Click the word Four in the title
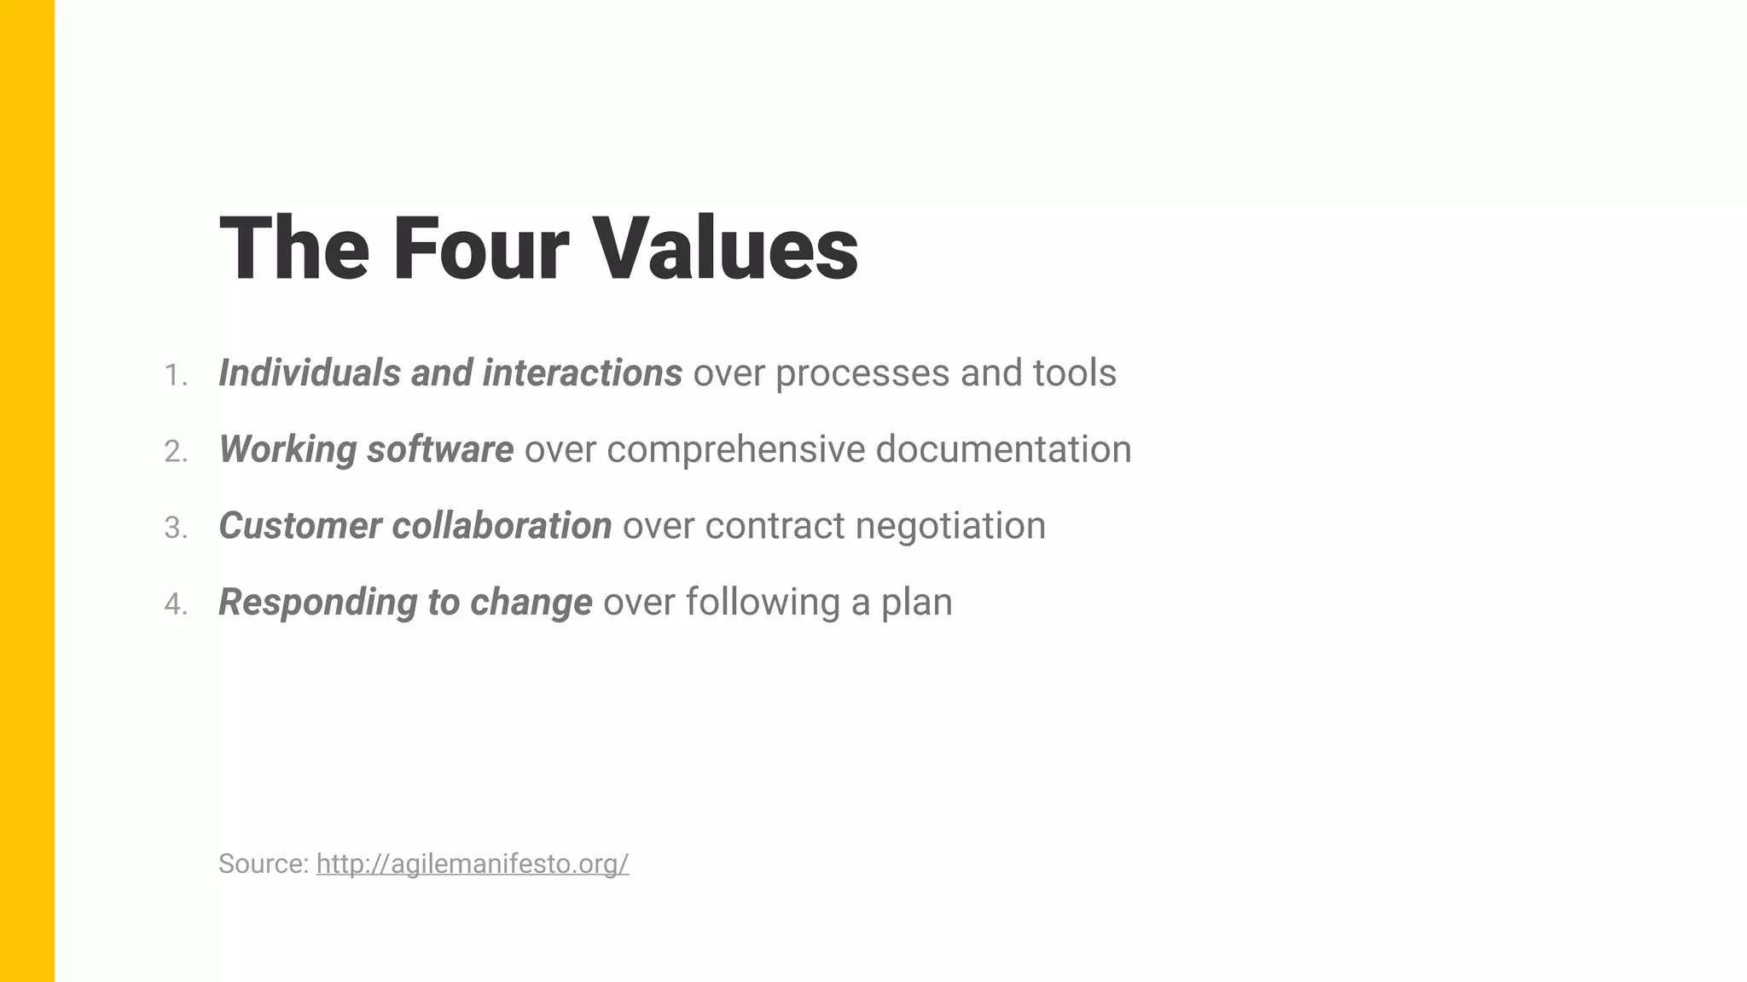(479, 248)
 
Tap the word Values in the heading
(724, 248)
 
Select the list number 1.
(175, 375)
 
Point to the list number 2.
(175, 452)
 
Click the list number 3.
(175, 528)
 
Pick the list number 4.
(175, 604)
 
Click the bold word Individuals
(310, 373)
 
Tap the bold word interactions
(582, 373)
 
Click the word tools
(1074, 373)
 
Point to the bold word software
(439, 449)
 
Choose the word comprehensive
(735, 449)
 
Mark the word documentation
(1003, 449)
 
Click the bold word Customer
(299, 526)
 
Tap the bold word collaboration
(502, 526)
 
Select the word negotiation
(949, 526)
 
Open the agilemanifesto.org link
(473, 864)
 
